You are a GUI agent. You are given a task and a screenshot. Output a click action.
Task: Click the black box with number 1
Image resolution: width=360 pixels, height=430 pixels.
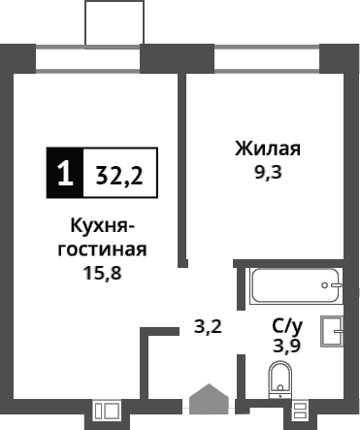tap(65, 174)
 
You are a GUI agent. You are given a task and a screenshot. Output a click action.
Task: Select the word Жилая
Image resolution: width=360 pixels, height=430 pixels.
tap(267, 149)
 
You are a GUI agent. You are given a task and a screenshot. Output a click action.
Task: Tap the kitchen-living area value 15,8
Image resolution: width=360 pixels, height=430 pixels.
tap(104, 272)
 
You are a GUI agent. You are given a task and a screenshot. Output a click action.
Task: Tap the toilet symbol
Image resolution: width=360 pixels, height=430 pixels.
tap(280, 380)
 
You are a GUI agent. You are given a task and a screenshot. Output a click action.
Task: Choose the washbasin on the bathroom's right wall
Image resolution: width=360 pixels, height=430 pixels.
tap(339, 332)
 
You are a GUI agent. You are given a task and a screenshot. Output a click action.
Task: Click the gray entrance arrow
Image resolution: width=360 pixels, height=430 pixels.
tap(208, 402)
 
